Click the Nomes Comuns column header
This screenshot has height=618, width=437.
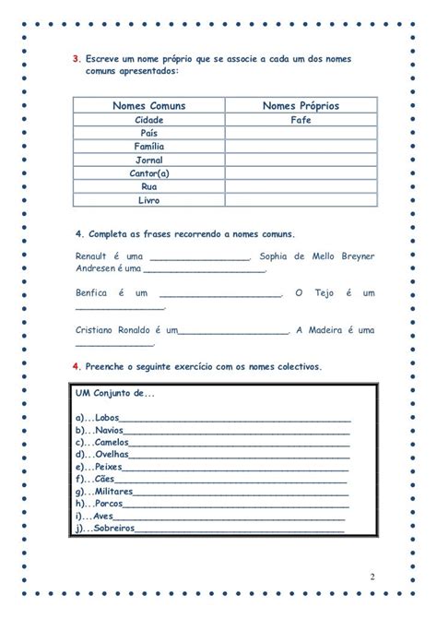point(148,106)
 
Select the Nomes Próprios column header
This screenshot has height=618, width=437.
point(301,106)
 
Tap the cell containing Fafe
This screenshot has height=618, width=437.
point(301,120)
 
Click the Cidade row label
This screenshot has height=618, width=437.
point(148,120)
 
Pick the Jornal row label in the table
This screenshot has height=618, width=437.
point(148,160)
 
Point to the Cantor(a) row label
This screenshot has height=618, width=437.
point(148,172)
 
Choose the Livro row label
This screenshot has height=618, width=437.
point(148,199)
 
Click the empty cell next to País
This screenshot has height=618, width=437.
point(301,133)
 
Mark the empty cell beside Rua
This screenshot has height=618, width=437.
point(301,185)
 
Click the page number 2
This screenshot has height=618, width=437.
point(372,576)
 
